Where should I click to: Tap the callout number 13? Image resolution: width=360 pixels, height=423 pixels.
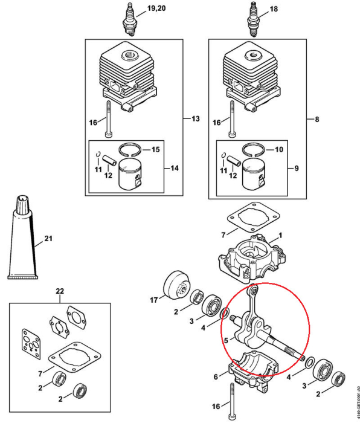pos(194,118)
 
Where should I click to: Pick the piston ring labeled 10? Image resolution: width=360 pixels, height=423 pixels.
pos(253,149)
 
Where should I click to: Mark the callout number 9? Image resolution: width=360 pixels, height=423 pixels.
pos(297,167)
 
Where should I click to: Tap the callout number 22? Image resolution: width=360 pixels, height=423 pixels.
pos(59,291)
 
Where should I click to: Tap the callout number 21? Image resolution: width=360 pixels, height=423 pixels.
pos(48,239)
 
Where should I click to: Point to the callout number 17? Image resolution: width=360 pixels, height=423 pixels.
pos(153,299)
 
